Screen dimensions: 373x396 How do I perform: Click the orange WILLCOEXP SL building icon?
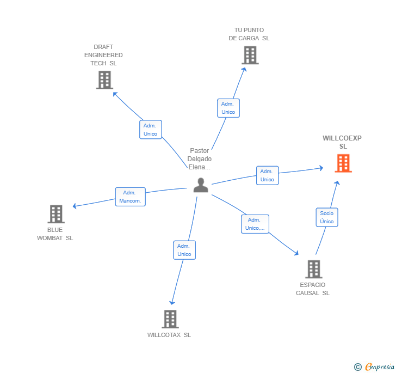[x=343, y=163]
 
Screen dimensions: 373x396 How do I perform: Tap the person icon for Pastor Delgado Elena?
[x=201, y=185]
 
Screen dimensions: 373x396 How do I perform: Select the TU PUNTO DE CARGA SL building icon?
[x=250, y=55]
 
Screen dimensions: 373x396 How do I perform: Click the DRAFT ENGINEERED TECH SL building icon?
[x=104, y=80]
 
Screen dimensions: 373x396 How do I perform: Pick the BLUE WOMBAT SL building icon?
[x=55, y=214]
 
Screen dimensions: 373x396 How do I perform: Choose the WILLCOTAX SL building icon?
[x=170, y=319]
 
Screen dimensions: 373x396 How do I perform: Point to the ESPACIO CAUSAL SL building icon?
[x=313, y=269]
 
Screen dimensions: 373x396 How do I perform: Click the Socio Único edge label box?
[x=327, y=217]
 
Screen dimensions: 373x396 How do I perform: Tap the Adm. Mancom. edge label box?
[x=130, y=197]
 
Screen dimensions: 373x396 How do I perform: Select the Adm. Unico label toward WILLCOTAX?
[x=184, y=250]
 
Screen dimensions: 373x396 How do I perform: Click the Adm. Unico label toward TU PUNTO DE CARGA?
[x=228, y=108]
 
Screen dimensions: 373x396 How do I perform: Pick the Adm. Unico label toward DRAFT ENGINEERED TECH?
[x=150, y=130]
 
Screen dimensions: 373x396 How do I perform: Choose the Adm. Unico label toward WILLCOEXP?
[x=267, y=175]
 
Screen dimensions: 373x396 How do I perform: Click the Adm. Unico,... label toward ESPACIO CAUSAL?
[x=255, y=224]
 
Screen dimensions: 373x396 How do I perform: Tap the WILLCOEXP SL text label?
[x=342, y=142]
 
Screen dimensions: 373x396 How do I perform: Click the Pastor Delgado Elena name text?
[x=199, y=158]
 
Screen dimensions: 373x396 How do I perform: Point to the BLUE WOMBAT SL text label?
[x=55, y=234]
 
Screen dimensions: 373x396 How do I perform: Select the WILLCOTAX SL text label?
[x=169, y=335]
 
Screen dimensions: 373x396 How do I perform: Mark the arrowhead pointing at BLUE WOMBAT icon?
[x=75, y=206]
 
